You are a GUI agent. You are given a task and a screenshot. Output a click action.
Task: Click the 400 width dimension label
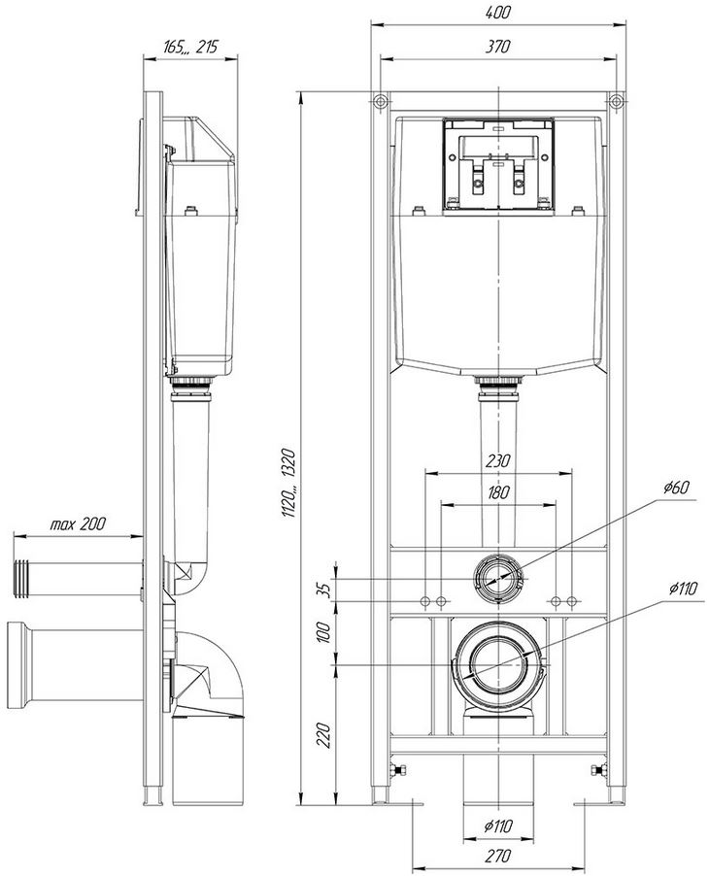497,13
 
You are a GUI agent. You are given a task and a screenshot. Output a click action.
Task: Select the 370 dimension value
497,46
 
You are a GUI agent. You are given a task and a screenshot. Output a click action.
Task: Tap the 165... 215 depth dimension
190,47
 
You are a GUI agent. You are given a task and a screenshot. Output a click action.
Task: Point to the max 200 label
78,524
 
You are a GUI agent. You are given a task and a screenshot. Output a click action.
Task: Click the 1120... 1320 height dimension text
288,483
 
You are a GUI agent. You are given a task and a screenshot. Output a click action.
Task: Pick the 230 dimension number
498,461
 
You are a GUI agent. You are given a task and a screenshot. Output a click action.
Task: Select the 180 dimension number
498,492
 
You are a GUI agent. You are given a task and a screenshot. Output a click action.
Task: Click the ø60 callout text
676,488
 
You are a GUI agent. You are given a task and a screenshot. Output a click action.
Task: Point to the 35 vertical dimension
325,590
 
